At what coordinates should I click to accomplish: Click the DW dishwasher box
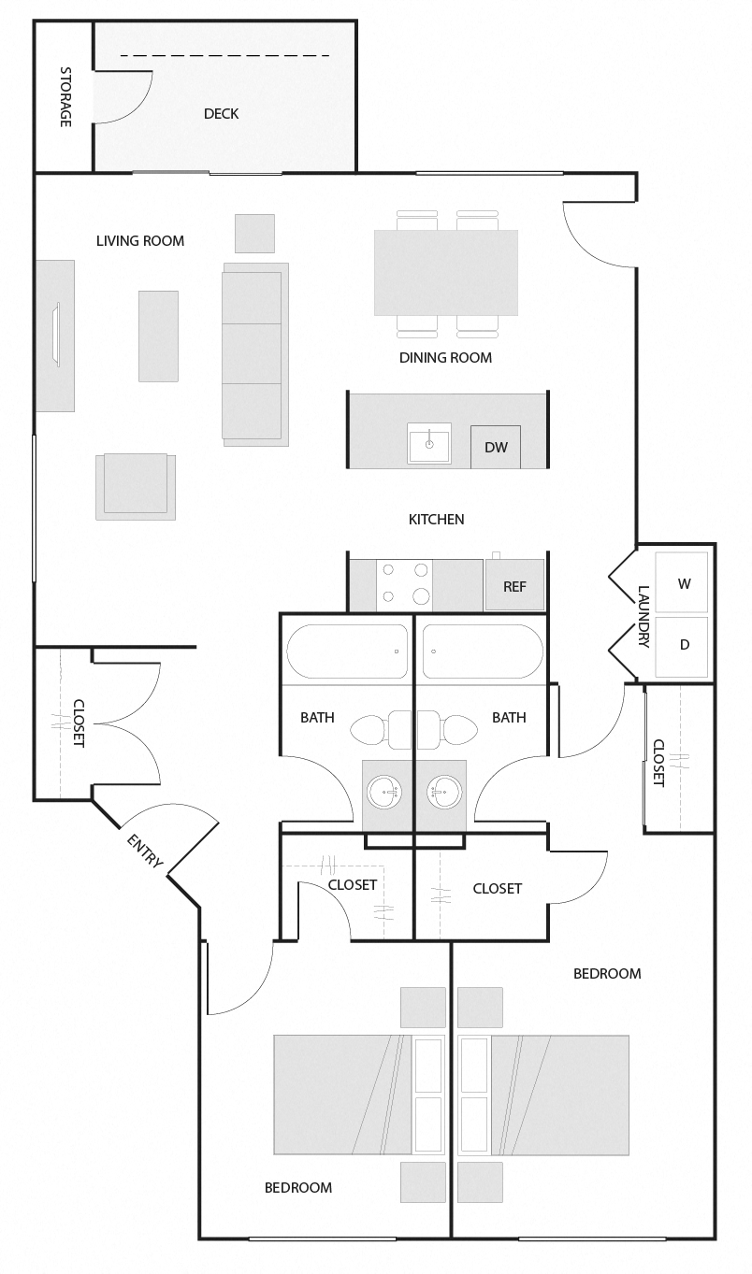click(496, 447)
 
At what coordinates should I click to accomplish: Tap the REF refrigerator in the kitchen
click(514, 586)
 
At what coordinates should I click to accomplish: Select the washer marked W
click(683, 583)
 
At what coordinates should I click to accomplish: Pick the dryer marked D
click(683, 645)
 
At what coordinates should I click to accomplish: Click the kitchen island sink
click(429, 443)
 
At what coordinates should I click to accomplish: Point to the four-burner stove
click(404, 583)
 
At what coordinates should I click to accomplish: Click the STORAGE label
click(65, 97)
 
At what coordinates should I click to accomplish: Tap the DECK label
click(221, 114)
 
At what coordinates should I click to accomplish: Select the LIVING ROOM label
click(140, 240)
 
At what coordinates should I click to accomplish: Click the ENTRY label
click(144, 852)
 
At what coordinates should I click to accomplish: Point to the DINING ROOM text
click(445, 357)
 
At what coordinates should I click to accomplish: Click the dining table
click(446, 272)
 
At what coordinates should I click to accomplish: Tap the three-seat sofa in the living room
click(253, 352)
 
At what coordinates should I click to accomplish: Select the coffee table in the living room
click(158, 336)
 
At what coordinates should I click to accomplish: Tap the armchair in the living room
click(136, 484)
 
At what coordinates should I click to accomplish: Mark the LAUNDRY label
click(644, 617)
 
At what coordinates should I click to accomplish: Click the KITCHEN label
click(437, 519)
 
